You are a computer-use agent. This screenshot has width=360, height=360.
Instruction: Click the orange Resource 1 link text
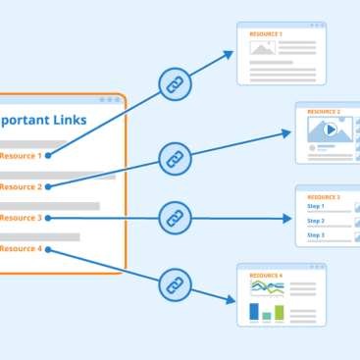pos(21,155)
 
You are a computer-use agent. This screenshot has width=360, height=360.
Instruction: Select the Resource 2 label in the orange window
pos(21,186)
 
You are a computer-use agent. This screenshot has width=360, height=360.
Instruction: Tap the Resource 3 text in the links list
pos(21,218)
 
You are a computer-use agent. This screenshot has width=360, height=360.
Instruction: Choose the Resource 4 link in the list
pos(21,249)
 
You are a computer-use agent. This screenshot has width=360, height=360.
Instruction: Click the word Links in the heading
pos(68,121)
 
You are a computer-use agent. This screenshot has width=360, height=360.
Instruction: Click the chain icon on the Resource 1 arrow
pos(175,85)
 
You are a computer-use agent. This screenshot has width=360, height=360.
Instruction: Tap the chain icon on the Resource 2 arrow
pos(175,156)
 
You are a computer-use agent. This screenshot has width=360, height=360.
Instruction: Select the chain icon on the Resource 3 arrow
pos(175,217)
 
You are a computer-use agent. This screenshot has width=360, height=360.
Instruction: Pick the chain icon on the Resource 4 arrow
pos(175,284)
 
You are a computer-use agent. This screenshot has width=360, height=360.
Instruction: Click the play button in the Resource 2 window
pos(331,129)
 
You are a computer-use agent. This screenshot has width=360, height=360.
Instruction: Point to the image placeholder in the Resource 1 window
pos(261,47)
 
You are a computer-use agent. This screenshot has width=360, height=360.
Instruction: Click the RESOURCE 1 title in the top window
pos(266,34)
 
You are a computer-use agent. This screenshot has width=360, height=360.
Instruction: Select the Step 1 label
pos(316,207)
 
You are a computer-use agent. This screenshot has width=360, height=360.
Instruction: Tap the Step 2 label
pos(316,221)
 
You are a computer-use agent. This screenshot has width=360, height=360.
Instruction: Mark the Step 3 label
pos(316,235)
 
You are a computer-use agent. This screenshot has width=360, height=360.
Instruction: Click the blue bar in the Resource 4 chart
pos(254,311)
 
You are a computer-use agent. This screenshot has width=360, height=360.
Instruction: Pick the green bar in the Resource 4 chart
pos(279,312)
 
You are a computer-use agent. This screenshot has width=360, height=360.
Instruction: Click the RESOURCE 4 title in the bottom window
pos(266,276)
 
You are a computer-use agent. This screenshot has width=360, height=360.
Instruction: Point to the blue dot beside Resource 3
pos(48,218)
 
